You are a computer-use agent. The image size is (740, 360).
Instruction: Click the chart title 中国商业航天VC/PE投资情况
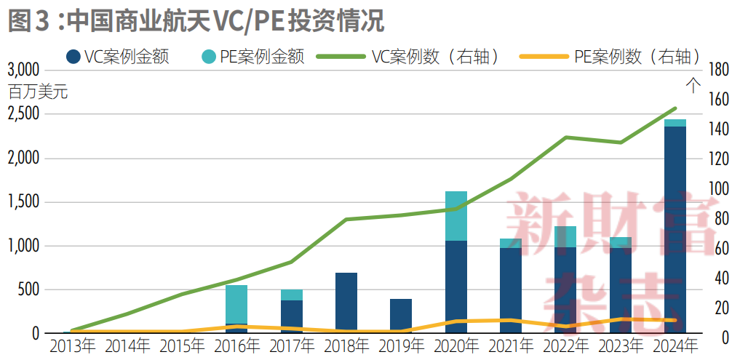pyautogui.click(x=226, y=21)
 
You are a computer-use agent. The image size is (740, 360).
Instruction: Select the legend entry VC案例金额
pyautogui.click(x=117, y=57)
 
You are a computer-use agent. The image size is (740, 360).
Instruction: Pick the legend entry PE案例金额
pyautogui.click(x=251, y=57)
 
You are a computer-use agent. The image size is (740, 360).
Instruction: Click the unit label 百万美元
pyautogui.click(x=38, y=92)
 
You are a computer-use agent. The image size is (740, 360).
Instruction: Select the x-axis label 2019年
pyautogui.click(x=401, y=345)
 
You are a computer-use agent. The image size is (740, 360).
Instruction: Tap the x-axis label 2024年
pyautogui.click(x=675, y=345)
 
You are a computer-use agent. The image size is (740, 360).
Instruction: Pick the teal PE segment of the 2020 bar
pyautogui.click(x=455, y=215)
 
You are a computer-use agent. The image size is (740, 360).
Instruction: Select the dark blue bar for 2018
pyautogui.click(x=346, y=303)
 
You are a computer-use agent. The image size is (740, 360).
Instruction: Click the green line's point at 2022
pyautogui.click(x=566, y=137)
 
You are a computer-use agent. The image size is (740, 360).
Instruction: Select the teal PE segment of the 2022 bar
pyautogui.click(x=565, y=236)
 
